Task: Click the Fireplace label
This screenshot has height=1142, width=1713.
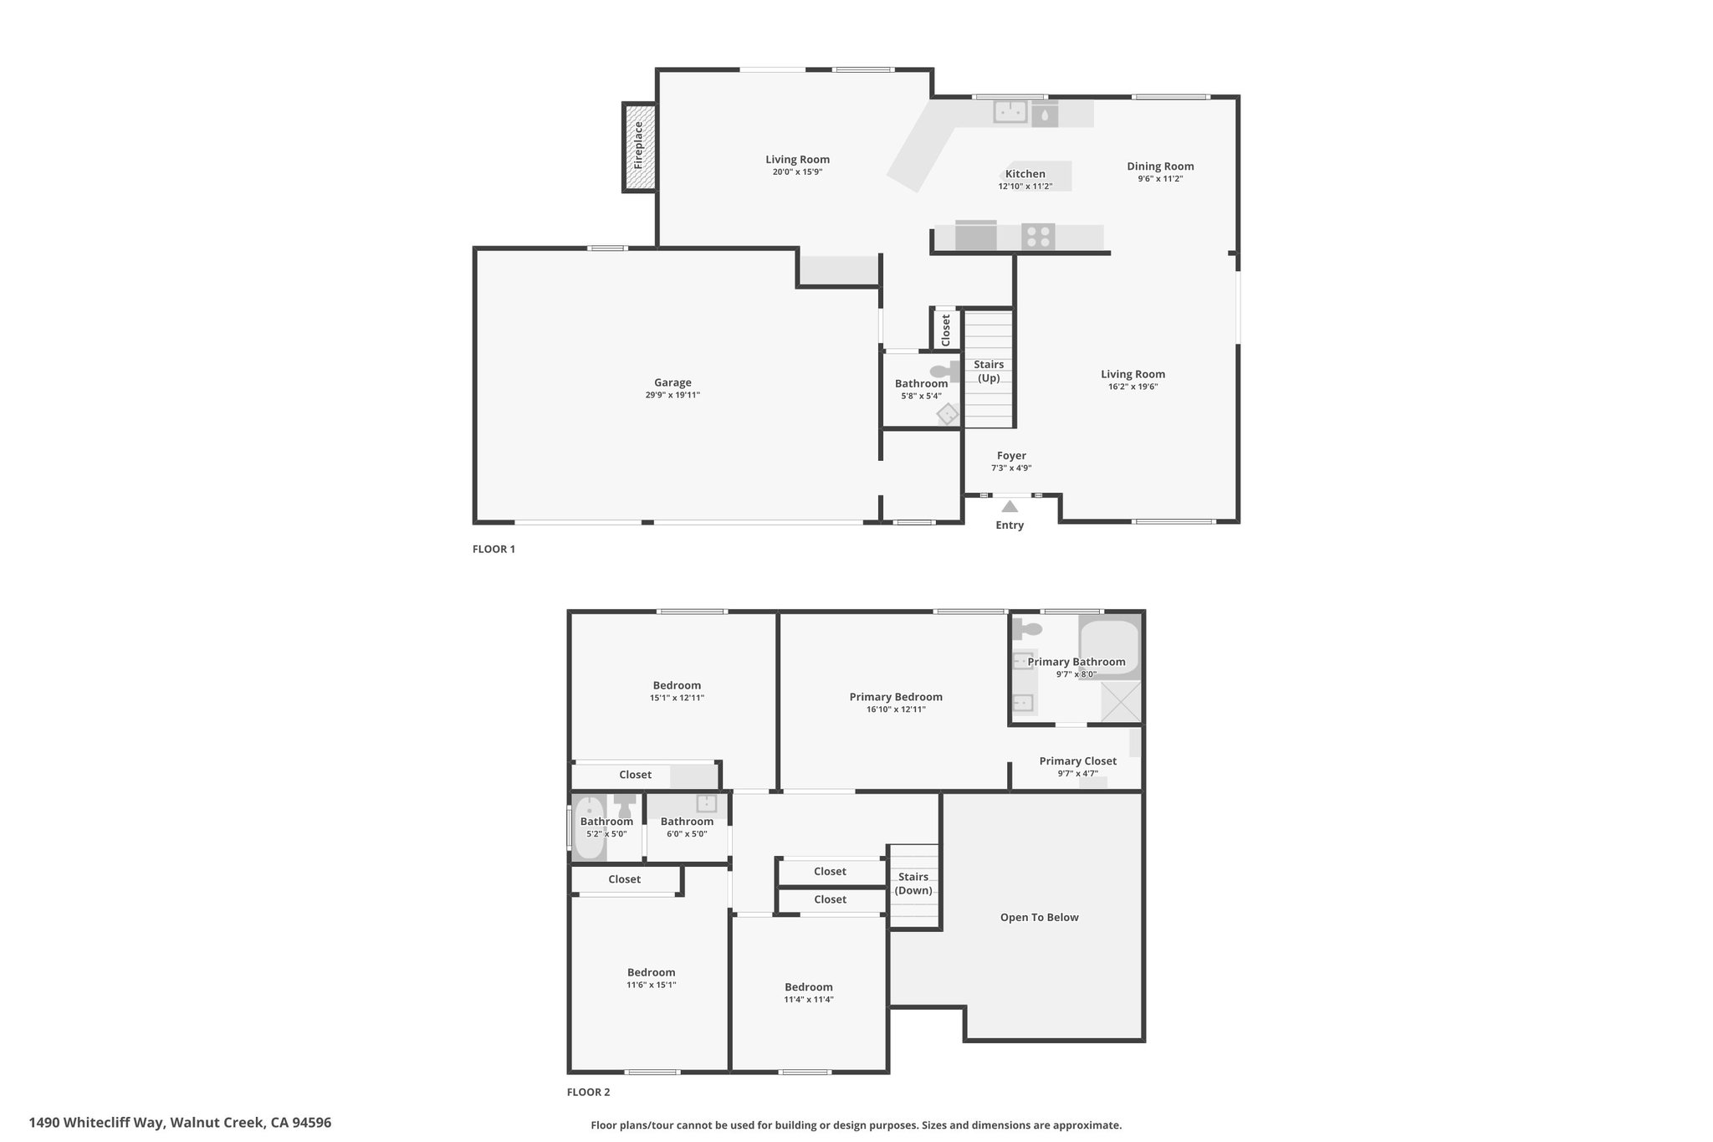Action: (638, 146)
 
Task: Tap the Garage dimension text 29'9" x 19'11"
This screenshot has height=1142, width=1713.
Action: (672, 395)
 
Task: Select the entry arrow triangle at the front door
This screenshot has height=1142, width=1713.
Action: (1010, 506)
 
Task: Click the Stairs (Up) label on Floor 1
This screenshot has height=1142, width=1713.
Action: (989, 371)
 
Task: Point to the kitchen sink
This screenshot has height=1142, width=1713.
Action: (1010, 111)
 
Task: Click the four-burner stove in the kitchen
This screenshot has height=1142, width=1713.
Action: (1038, 237)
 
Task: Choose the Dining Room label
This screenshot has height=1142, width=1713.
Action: (1160, 166)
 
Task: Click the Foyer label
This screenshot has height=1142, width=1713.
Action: (1011, 456)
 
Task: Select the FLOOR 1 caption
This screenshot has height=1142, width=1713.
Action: (493, 549)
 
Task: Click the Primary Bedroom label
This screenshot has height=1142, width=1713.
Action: (896, 697)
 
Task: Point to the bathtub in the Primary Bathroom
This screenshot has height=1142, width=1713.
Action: (1109, 647)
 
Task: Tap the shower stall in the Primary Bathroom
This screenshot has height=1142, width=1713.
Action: (1121, 702)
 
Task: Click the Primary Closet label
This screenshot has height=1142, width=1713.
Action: (1077, 761)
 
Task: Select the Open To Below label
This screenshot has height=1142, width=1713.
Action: (1040, 917)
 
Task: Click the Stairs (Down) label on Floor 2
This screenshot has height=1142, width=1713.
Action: (913, 883)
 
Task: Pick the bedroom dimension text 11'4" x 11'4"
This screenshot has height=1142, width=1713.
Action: (809, 999)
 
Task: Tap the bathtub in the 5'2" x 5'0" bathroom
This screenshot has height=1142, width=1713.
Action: (590, 828)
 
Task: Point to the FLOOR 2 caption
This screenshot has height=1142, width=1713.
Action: (588, 1092)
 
